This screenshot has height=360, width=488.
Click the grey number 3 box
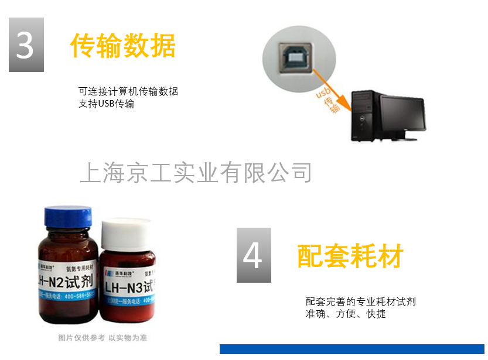tap(26, 45)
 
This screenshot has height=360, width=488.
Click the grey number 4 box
tap(254, 255)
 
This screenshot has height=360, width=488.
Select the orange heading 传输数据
tap(122, 45)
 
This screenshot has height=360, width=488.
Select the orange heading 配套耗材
tap(350, 256)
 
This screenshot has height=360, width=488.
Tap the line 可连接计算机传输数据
tap(128, 91)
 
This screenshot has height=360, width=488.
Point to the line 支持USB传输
tap(106, 104)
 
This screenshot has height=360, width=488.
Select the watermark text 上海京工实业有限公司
tap(195, 173)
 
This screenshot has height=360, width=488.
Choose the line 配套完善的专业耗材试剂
tap(361, 301)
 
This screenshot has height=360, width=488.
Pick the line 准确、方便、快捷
tap(346, 314)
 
